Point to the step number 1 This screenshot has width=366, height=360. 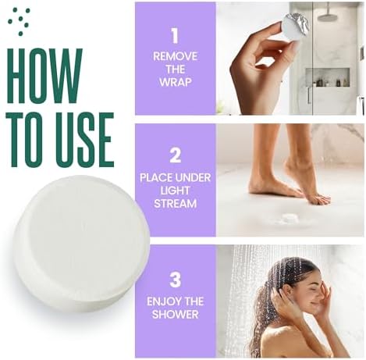[174, 35]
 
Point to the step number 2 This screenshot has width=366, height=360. [175, 155]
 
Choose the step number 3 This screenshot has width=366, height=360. [175, 279]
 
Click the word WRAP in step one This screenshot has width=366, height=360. [175, 81]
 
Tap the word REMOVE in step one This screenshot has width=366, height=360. [175, 56]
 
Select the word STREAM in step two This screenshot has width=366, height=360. [175, 203]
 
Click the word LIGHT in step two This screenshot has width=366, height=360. [175, 191]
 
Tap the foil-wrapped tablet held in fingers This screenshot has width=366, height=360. [295, 27]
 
